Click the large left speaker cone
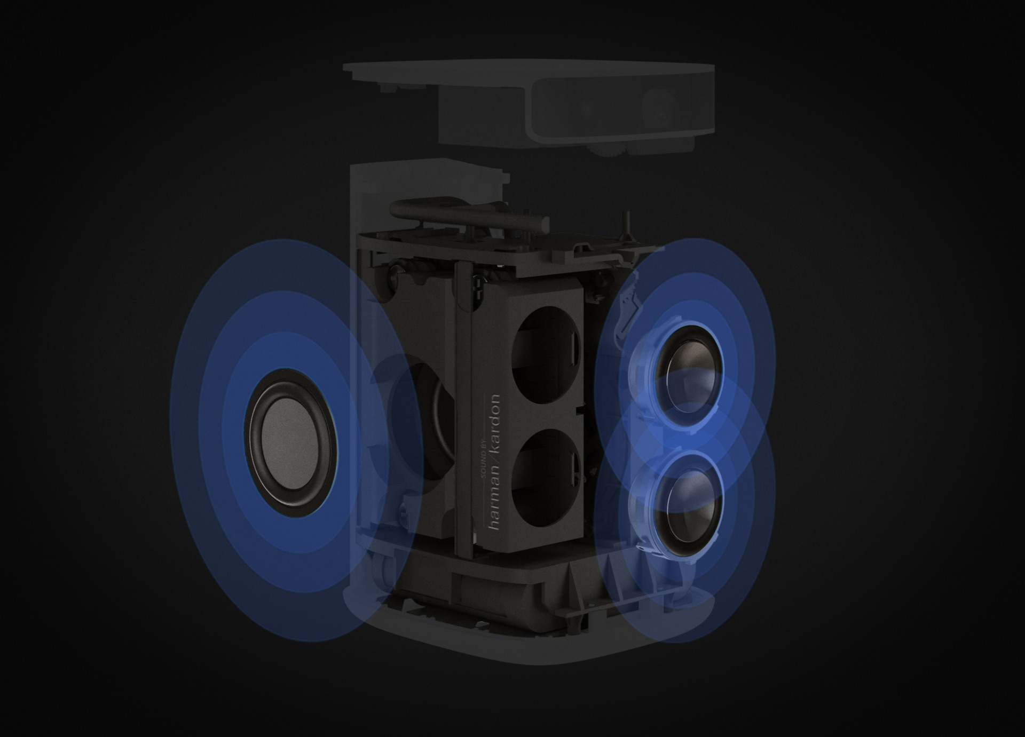(291, 443)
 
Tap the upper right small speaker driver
(689, 376)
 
